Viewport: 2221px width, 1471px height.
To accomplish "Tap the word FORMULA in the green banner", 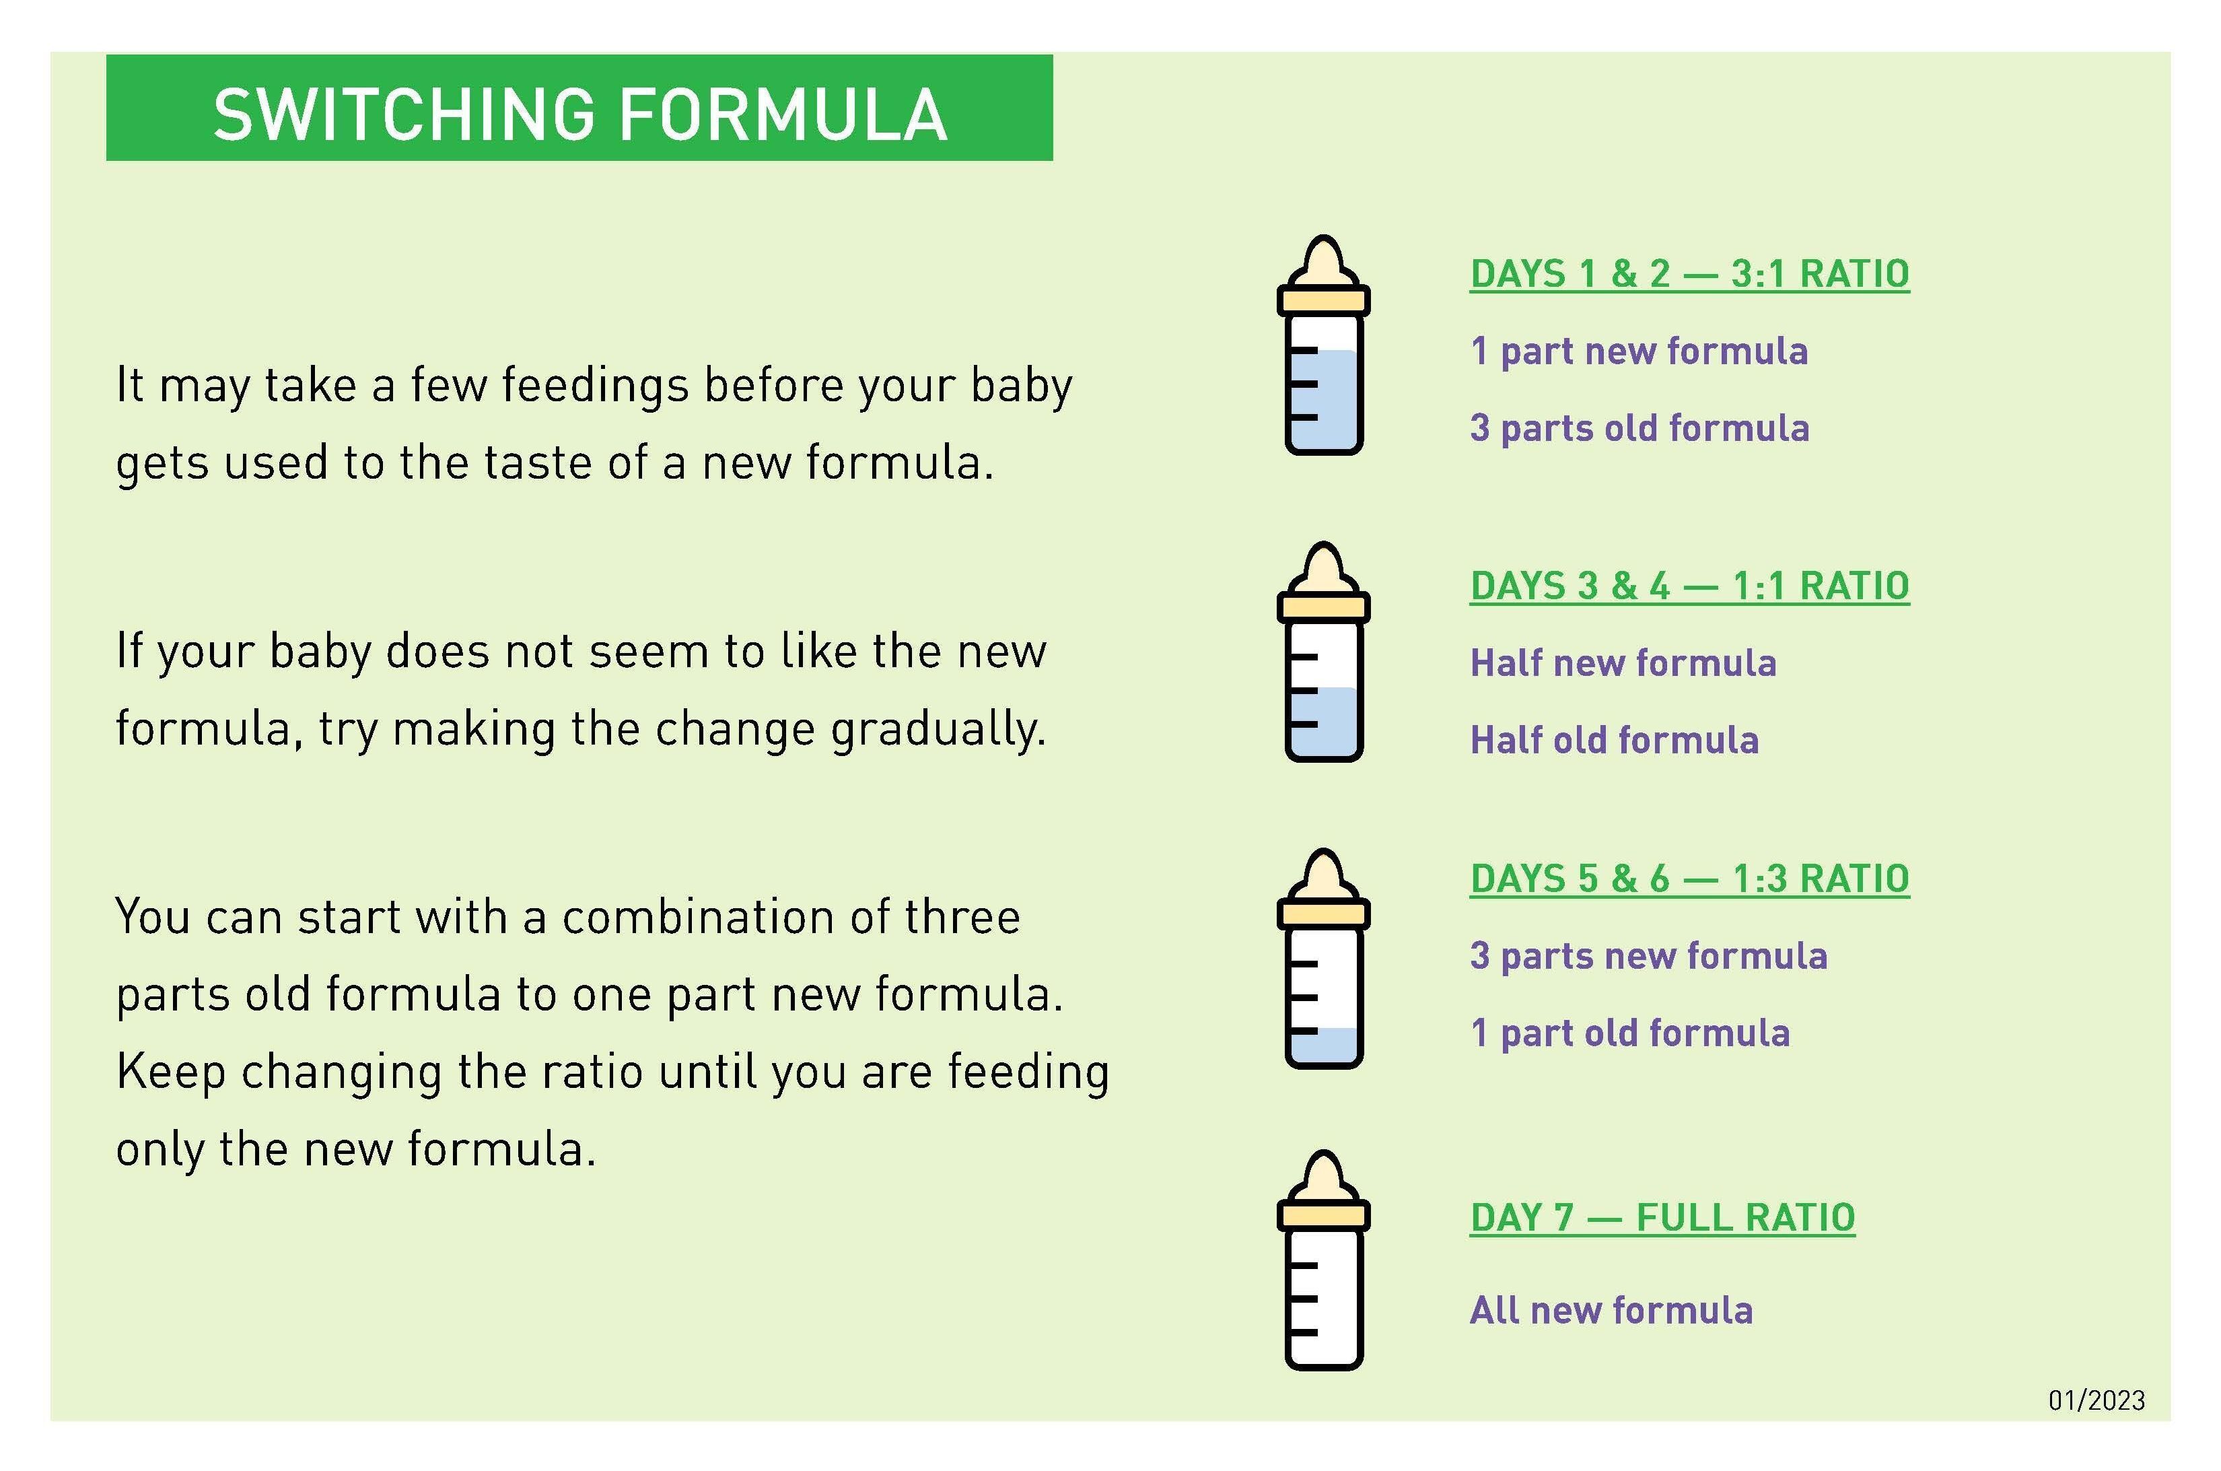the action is (783, 114).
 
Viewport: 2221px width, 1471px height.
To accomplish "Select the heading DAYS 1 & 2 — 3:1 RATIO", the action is (1689, 274).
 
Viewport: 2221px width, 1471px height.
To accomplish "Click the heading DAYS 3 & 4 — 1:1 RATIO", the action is (1689, 586).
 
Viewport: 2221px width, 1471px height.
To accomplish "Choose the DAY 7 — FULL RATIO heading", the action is (1662, 1218).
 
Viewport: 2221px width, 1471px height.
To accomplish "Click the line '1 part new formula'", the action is (1639, 351).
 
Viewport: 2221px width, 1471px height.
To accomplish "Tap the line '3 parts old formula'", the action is (1640, 427).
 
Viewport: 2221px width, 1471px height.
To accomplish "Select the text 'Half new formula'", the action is (1623, 663).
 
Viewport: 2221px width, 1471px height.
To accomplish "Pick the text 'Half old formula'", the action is (1614, 740).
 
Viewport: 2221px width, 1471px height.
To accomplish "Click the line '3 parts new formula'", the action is (1649, 956).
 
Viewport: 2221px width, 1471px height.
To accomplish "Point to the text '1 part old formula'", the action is (1630, 1033).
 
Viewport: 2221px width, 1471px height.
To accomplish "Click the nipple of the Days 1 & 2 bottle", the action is (1323, 262).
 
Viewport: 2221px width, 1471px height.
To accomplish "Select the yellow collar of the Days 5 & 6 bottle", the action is (1323, 913).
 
